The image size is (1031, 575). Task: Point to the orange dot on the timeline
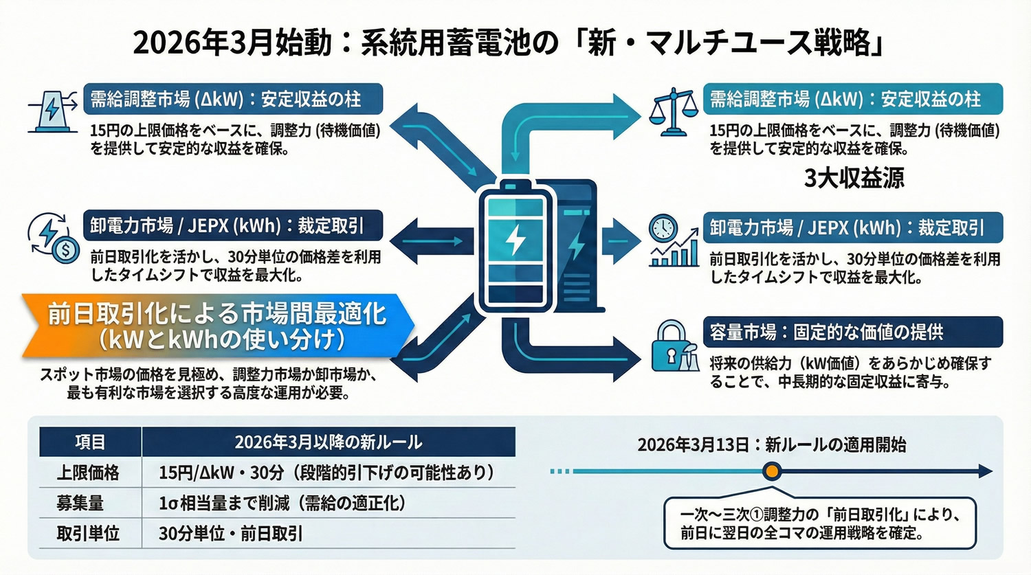pos(773,471)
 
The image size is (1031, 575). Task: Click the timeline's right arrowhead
pos(985,471)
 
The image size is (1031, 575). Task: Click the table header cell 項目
pos(90,442)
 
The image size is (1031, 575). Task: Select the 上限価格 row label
pos(88,473)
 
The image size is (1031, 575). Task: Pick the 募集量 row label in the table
pos(80,503)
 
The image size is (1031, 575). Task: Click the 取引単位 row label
pos(88,534)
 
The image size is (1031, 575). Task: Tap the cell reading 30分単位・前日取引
pos(231,534)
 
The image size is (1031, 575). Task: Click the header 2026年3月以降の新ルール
pos(328,442)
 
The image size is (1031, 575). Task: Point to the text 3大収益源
pos(854,178)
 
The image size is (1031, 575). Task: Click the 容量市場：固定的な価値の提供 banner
pos(852,332)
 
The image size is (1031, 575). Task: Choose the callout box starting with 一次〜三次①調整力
pos(819,523)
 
